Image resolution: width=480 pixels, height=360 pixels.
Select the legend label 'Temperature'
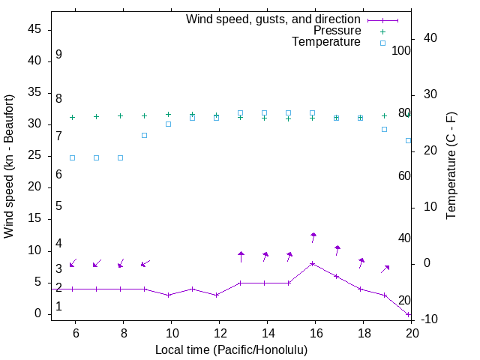click(x=326, y=42)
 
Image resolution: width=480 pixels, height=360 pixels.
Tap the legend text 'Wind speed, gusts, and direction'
click(x=273, y=19)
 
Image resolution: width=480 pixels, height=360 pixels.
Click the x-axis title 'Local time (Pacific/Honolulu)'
click(x=231, y=349)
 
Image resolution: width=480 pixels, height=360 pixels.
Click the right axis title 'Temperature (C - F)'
click(x=451, y=166)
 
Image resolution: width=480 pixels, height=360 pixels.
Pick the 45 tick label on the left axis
click(x=34, y=29)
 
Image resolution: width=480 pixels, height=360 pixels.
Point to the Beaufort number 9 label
click(x=58, y=55)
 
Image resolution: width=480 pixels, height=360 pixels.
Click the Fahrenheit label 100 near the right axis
click(x=402, y=50)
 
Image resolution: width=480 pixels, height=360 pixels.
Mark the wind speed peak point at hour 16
click(x=313, y=263)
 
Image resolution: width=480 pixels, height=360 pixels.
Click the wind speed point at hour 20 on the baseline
click(x=409, y=313)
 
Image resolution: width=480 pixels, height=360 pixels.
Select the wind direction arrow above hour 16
click(x=313, y=238)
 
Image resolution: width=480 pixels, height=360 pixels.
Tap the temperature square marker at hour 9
click(x=145, y=135)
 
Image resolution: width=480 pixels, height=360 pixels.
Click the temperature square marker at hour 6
click(x=73, y=157)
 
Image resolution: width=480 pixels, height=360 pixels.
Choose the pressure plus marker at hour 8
click(x=121, y=115)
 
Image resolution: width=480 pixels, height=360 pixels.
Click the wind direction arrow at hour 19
click(x=385, y=268)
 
